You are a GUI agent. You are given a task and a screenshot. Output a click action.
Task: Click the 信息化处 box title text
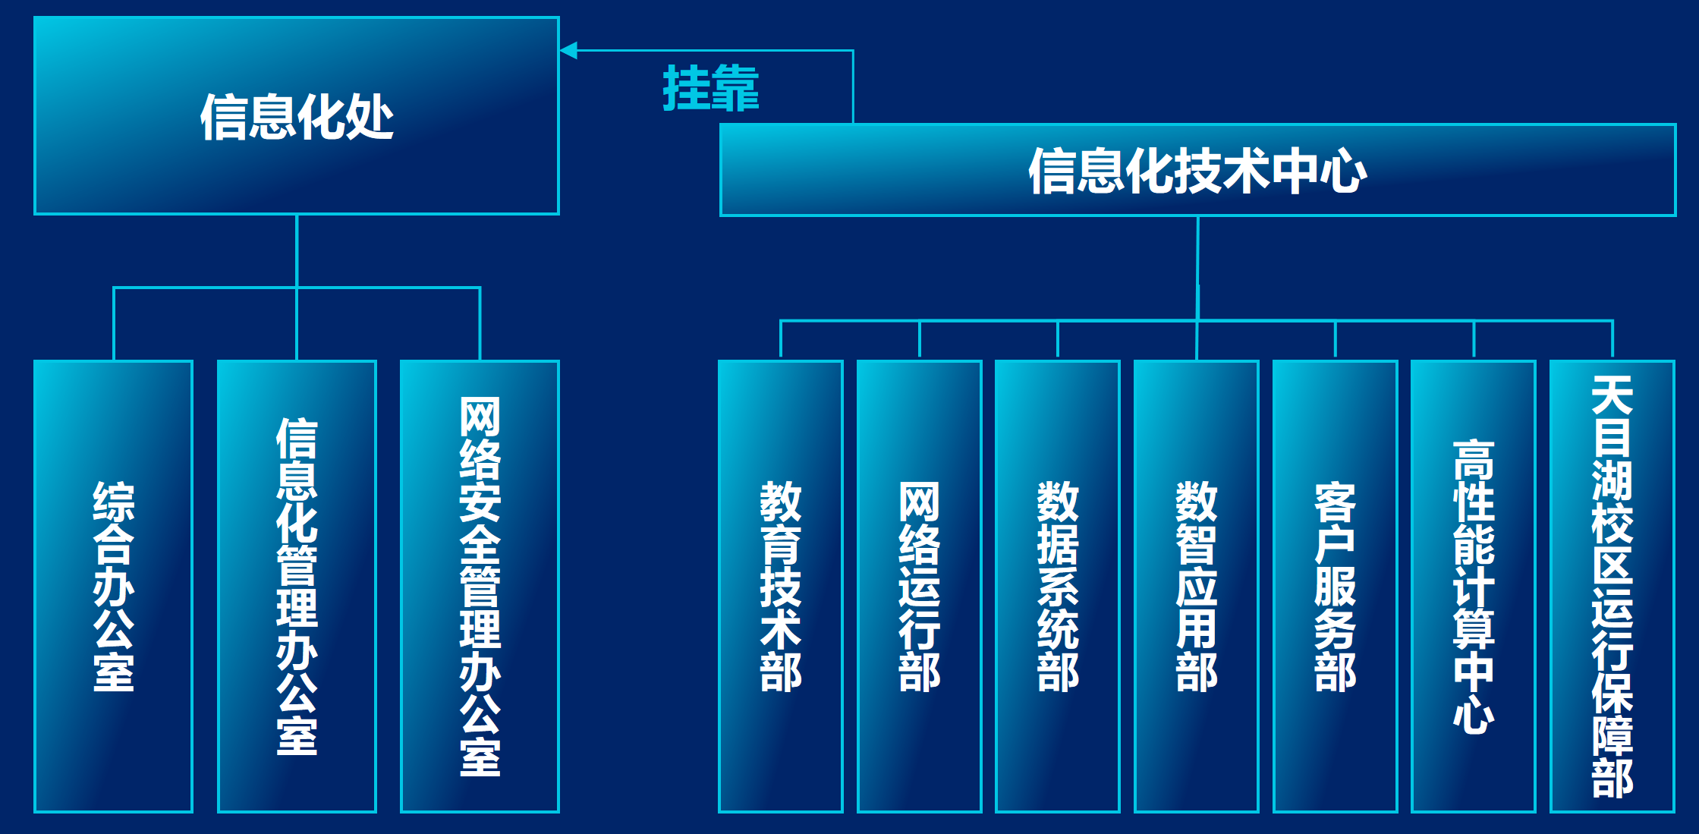(297, 117)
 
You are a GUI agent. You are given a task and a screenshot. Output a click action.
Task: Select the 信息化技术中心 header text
(1197, 171)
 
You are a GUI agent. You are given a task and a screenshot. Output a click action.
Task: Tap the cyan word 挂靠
(710, 89)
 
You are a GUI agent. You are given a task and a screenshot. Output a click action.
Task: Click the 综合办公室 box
(114, 586)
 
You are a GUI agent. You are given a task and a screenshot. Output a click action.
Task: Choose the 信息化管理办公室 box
(297, 586)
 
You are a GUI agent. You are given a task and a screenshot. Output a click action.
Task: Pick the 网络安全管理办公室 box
(480, 586)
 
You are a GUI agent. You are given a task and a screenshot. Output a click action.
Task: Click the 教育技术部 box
(781, 586)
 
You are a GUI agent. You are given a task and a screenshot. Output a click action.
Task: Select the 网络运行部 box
(919, 586)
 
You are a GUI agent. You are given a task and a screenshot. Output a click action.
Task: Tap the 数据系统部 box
(1058, 586)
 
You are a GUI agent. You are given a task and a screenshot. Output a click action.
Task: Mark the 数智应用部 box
(1197, 586)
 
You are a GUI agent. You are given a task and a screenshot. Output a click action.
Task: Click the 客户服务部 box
(1335, 586)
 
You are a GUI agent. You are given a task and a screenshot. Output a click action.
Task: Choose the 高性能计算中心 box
(1474, 586)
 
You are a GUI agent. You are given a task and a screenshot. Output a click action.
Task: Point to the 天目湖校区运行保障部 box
(1612, 586)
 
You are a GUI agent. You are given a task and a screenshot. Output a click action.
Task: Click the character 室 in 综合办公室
(114, 672)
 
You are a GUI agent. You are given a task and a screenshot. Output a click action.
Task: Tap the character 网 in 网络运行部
(919, 502)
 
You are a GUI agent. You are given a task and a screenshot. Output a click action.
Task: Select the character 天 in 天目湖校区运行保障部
(1612, 395)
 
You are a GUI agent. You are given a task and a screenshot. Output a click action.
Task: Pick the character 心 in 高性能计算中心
(1474, 714)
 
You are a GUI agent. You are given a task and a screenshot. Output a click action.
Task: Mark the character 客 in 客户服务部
(1335, 502)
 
